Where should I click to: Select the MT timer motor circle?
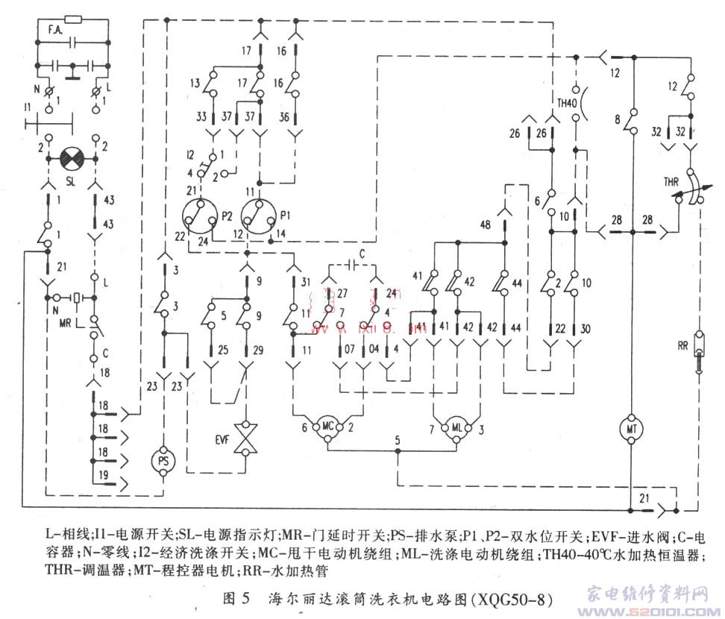pos(632,430)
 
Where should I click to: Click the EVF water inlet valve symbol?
pos(244,439)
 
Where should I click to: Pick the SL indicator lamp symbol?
pos(73,158)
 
